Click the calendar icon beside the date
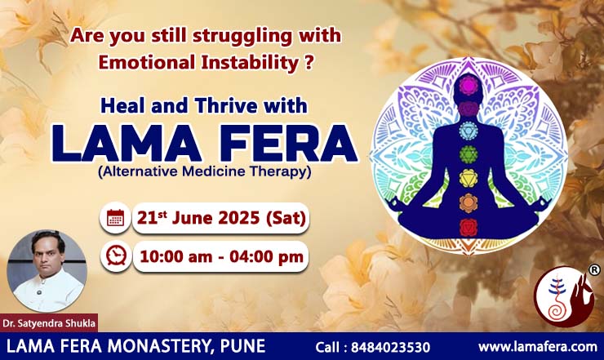click(x=116, y=218)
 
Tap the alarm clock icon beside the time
click(x=117, y=256)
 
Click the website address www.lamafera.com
click(x=538, y=346)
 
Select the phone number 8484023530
click(x=390, y=347)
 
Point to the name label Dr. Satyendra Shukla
click(x=49, y=323)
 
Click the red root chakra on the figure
click(x=469, y=228)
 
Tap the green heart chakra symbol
click(x=469, y=155)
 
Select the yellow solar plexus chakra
click(x=469, y=179)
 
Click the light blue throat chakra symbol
click(x=469, y=131)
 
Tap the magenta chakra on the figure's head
click(x=469, y=85)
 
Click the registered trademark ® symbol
click(x=594, y=270)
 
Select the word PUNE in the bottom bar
click(x=242, y=346)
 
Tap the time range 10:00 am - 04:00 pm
click(x=221, y=256)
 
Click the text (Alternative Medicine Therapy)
click(x=205, y=171)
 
